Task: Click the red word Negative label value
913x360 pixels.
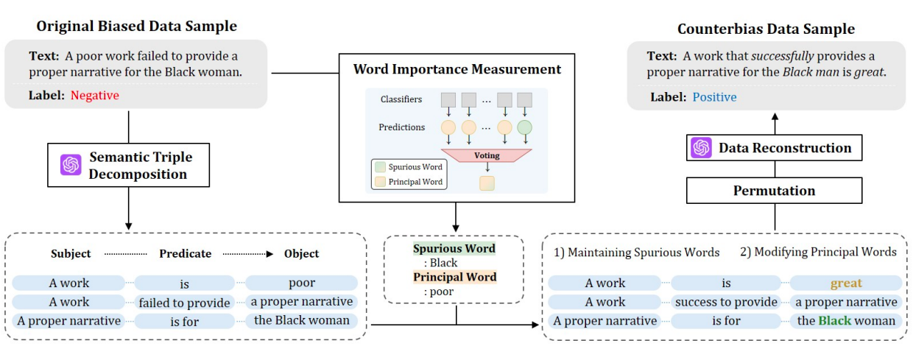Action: point(95,96)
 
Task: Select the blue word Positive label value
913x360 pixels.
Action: point(714,97)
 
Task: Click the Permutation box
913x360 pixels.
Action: point(774,191)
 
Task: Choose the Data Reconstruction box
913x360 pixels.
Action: point(774,148)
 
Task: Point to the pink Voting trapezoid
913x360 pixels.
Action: point(486,156)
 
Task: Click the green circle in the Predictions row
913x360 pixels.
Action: point(525,128)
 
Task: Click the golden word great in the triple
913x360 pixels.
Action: point(846,283)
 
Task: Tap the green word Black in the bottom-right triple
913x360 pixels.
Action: point(834,320)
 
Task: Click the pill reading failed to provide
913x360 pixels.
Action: point(184,302)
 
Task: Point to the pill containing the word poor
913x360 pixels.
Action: point(301,283)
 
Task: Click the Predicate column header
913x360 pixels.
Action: point(185,254)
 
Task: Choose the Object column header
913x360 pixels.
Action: point(302,254)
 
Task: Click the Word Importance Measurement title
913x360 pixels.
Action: point(456,70)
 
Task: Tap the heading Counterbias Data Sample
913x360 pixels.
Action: point(766,29)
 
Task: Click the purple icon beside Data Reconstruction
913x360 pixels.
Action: point(701,148)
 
